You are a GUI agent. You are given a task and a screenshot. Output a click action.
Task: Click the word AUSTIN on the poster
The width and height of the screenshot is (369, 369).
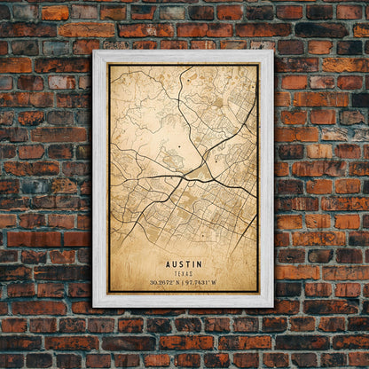[x=183, y=264]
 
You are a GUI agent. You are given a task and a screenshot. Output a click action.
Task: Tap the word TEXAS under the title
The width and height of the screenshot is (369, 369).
[x=183, y=273]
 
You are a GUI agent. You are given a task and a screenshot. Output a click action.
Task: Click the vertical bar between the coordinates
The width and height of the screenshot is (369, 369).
[x=183, y=284]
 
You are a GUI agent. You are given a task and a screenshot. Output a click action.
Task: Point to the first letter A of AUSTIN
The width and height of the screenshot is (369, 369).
[x=168, y=264]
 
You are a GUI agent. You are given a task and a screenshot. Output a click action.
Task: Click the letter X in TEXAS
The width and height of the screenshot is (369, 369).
[x=183, y=273]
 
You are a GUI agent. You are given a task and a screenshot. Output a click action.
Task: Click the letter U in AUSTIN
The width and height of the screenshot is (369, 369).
[x=174, y=264]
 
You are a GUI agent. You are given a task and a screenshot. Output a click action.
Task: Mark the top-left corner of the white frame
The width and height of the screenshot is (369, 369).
[x=93, y=51]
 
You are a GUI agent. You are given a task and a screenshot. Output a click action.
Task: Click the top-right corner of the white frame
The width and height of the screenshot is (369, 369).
[x=273, y=51]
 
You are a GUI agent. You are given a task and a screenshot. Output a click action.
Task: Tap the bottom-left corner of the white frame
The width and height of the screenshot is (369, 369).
[x=93, y=306]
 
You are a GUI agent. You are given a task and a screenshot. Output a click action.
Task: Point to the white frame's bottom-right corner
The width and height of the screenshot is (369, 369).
[x=273, y=306]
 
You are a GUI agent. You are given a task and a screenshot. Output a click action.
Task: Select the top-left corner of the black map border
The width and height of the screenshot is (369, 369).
[x=109, y=65]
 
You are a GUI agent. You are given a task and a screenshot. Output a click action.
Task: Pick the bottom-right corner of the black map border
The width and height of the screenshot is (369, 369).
[x=258, y=292]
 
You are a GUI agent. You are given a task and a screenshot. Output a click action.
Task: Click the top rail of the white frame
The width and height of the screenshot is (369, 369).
[x=183, y=56]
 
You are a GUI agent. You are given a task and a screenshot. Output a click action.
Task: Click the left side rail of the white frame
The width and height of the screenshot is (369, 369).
[x=100, y=177]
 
